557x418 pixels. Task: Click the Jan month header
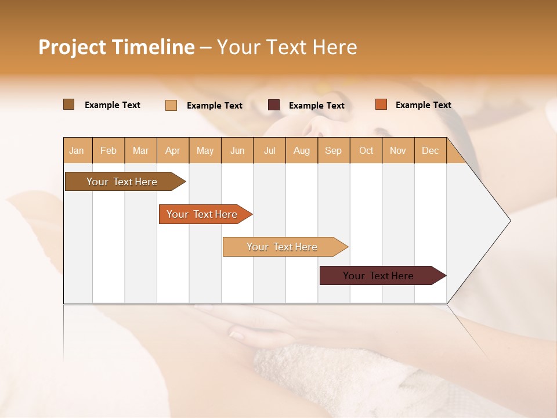coord(77,151)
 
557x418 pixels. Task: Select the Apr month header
coord(173,151)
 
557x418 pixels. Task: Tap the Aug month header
coord(302,151)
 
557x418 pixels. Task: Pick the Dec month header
coord(430,151)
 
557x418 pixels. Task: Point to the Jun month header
coord(237,151)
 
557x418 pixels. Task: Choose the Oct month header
coord(366,151)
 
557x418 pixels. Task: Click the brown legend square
coord(68,105)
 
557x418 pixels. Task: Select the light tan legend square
coord(171,105)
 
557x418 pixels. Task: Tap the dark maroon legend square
coord(274,105)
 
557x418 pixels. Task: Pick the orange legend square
coord(381,105)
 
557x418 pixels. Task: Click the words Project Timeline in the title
coord(116,47)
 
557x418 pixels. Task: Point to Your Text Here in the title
coord(287,47)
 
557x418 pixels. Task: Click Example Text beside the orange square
coord(423,105)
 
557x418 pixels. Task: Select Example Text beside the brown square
coord(112,105)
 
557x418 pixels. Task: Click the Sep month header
coord(333,151)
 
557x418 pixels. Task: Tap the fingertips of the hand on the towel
coord(237,334)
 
